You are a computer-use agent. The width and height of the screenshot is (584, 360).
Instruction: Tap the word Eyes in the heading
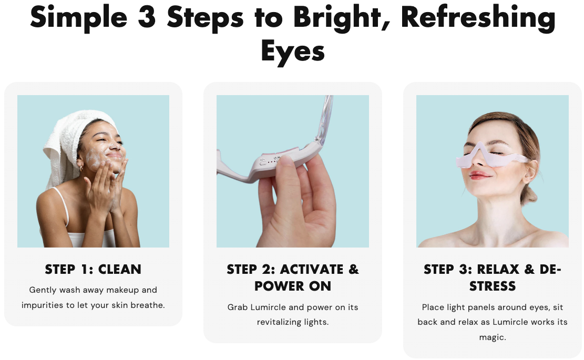click(x=293, y=52)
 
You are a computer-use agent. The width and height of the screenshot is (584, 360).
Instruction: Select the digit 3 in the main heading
click(x=147, y=17)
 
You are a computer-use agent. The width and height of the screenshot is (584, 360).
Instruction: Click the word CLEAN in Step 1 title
click(x=119, y=269)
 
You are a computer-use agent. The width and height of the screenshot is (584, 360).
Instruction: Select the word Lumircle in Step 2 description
click(x=269, y=307)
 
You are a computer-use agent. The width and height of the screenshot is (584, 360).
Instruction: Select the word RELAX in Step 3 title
click(x=498, y=269)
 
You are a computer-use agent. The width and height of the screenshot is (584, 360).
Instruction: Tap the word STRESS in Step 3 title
click(x=493, y=286)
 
